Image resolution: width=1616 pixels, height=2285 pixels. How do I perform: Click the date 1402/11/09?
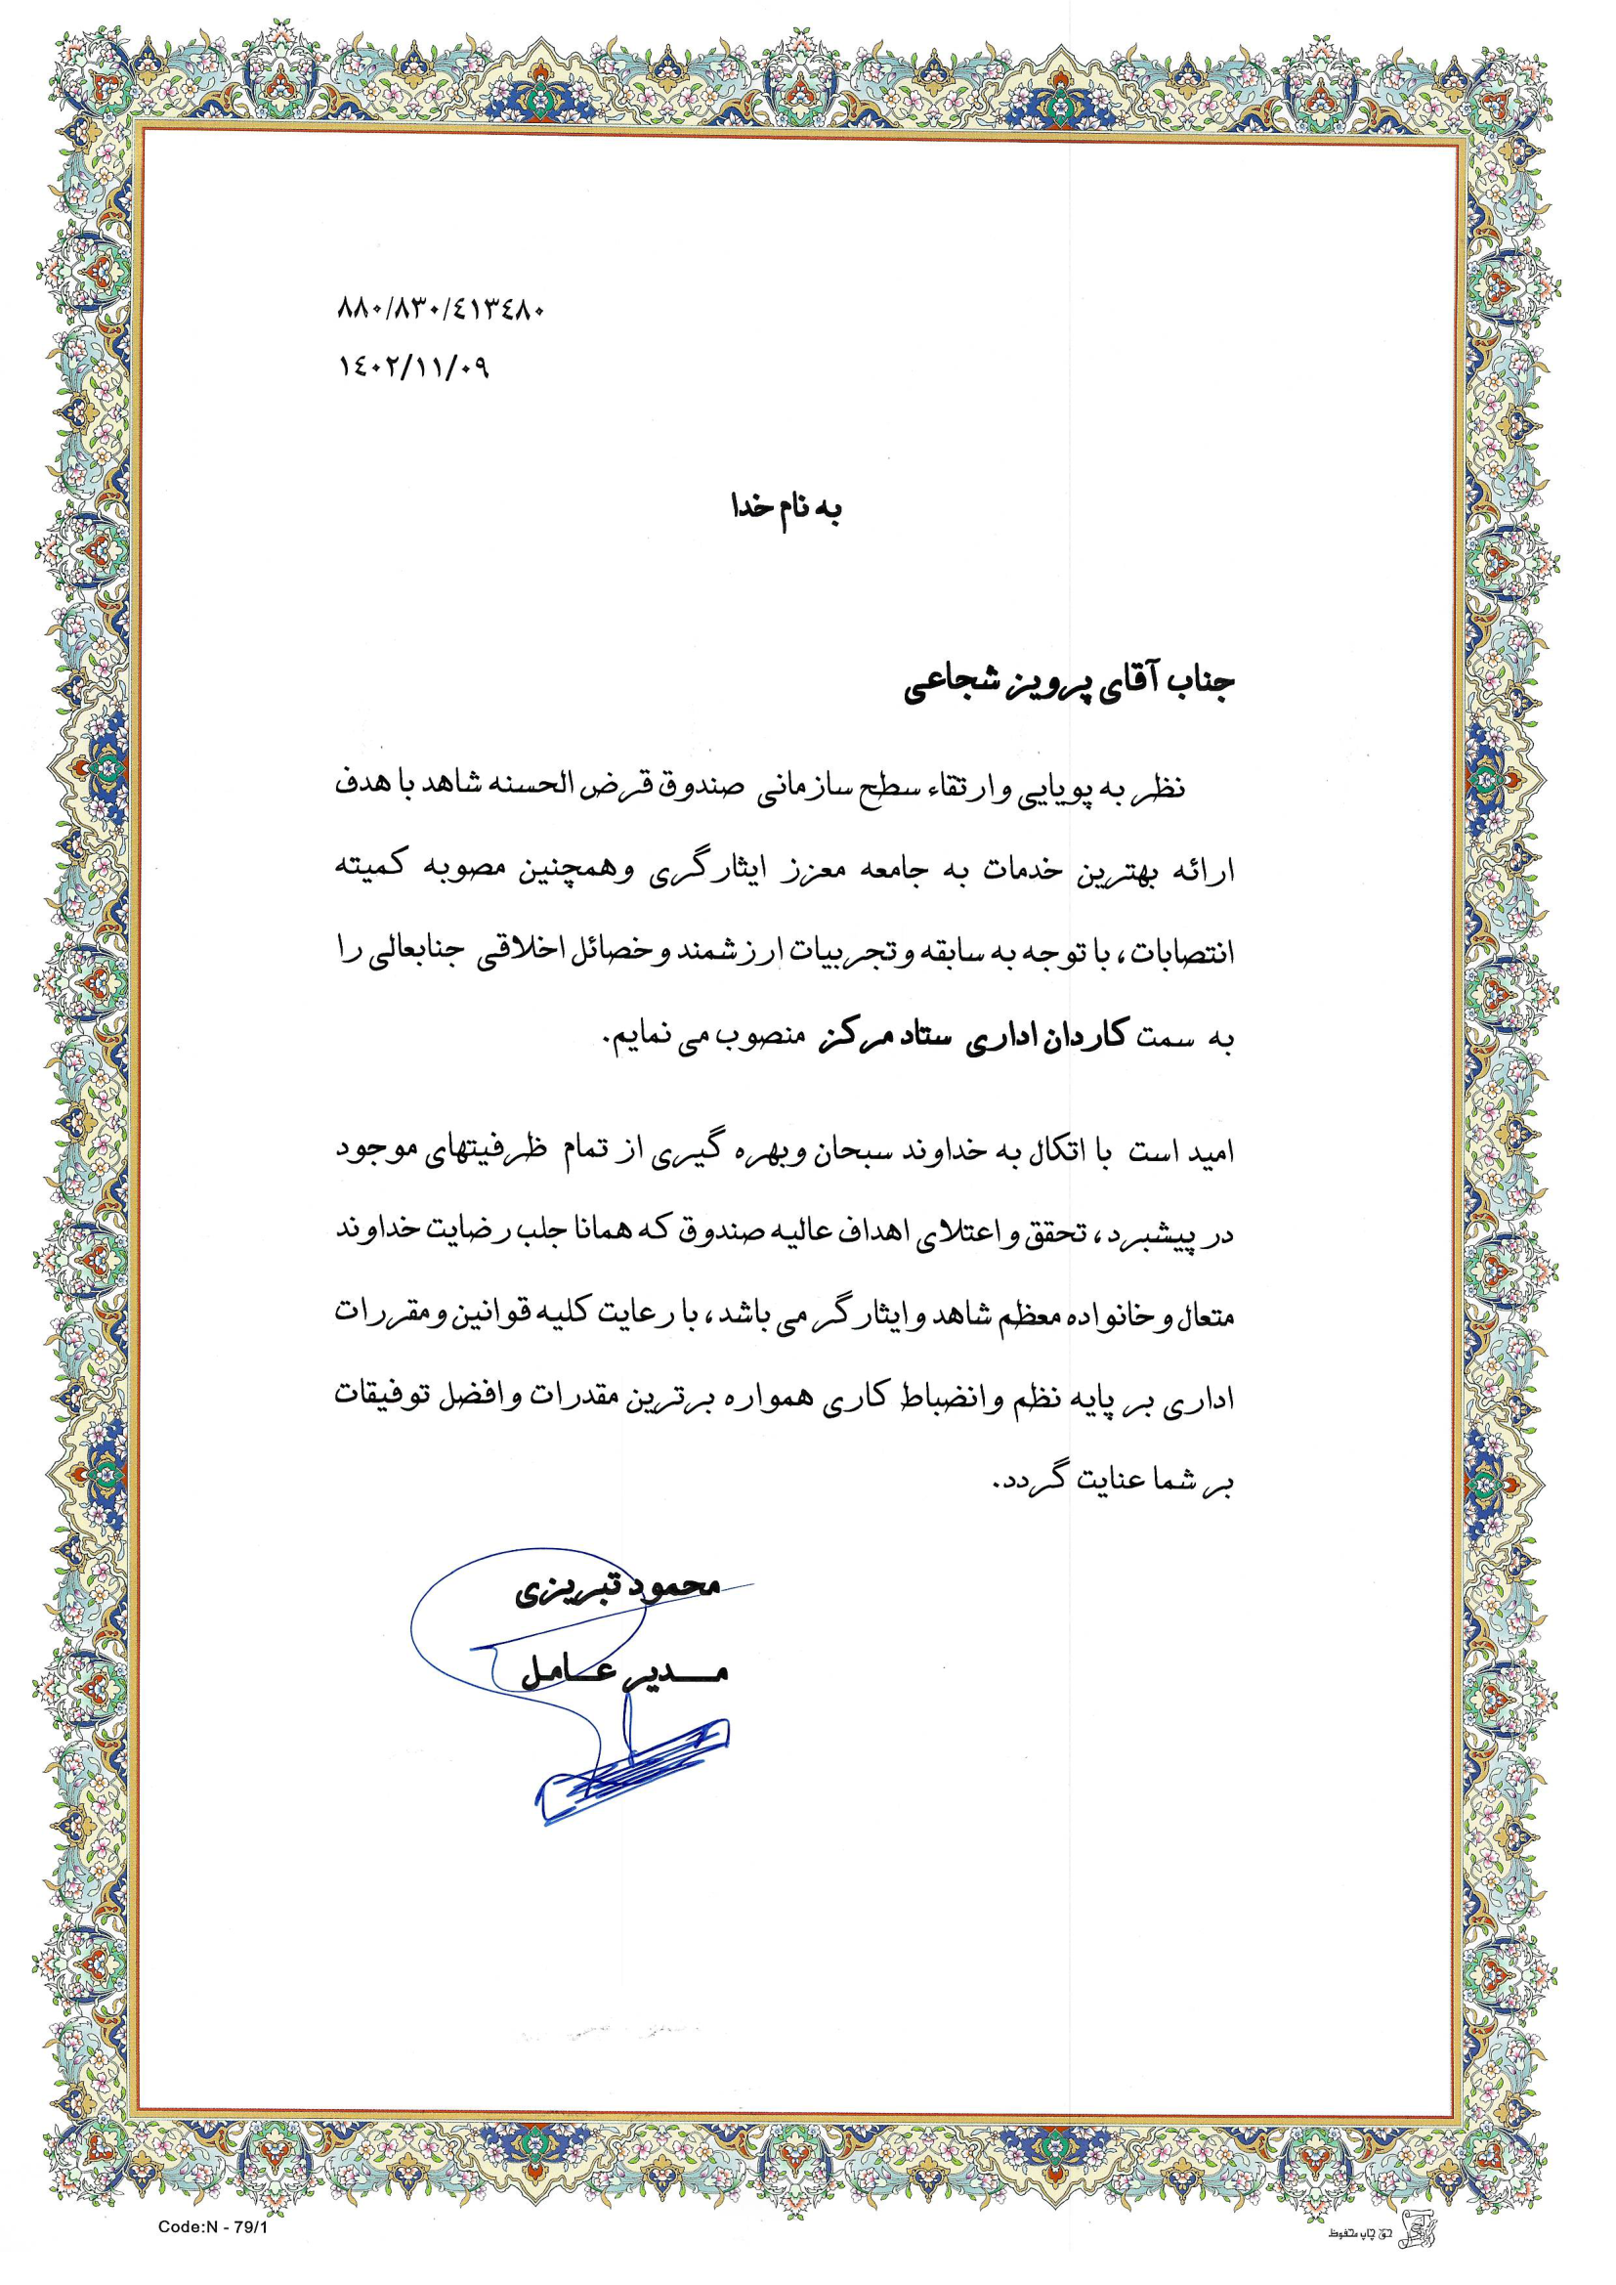click(414, 367)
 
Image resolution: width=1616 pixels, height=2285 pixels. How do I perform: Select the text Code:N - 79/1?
click(213, 2227)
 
